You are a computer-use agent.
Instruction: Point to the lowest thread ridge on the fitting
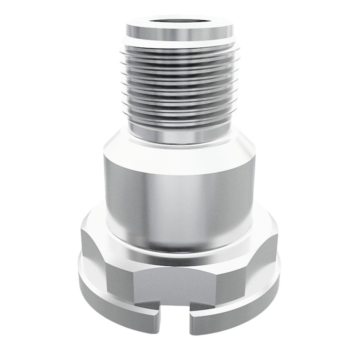tap(180, 122)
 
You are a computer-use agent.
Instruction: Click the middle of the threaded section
tap(180, 86)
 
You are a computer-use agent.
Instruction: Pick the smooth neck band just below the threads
tap(180, 137)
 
